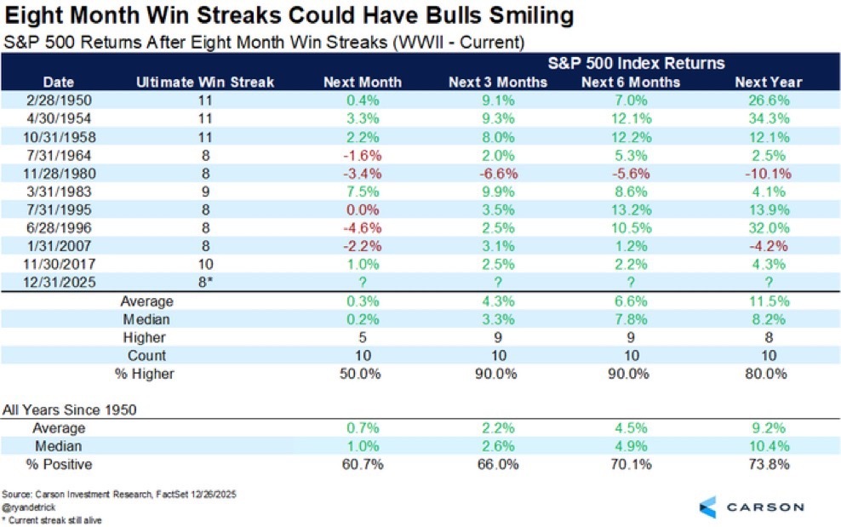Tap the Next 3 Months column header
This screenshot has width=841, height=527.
[x=498, y=82]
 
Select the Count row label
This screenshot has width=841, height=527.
[x=146, y=355]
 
